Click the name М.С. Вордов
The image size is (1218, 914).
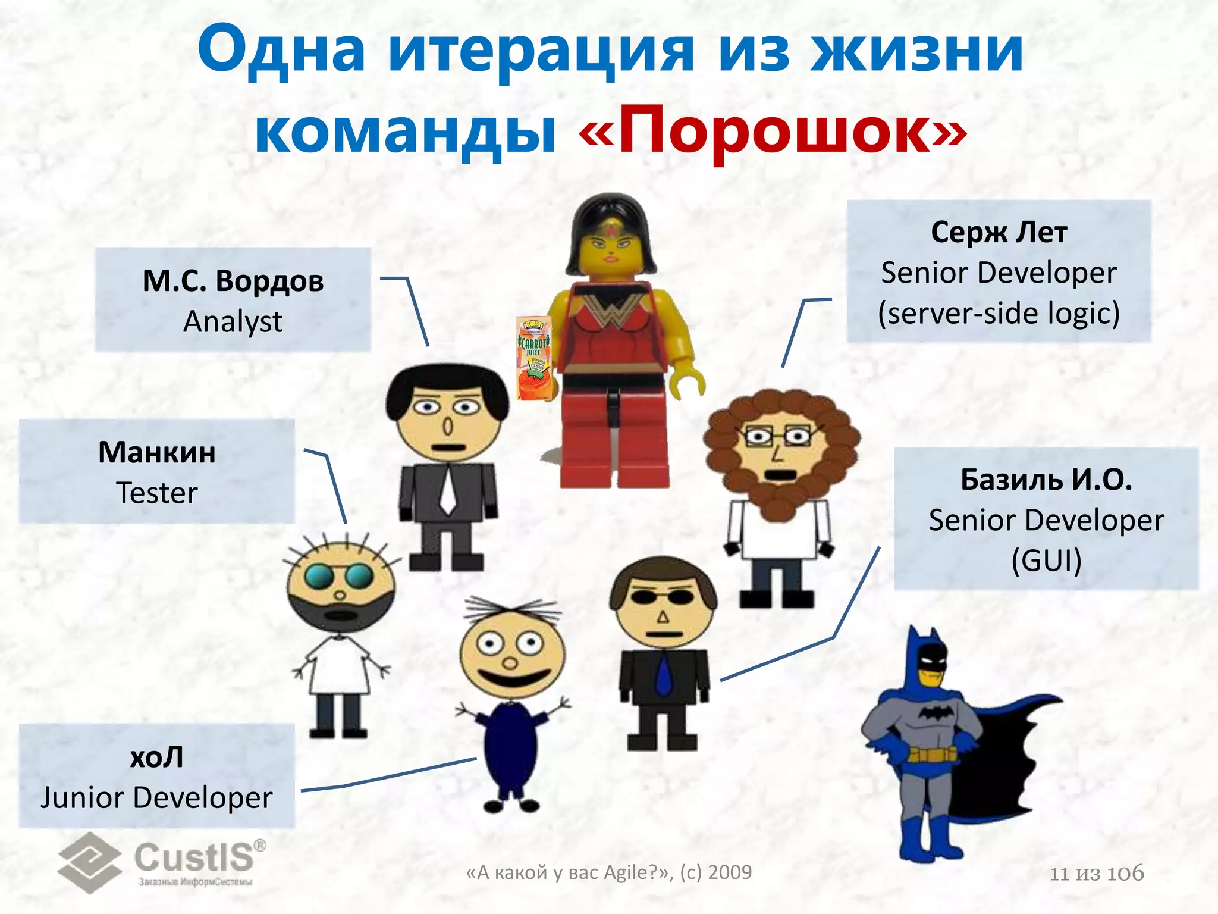[x=233, y=281]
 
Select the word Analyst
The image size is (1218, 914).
[x=233, y=322]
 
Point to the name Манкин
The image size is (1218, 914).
[x=157, y=452]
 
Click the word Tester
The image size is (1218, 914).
[x=157, y=493]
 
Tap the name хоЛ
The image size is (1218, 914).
[x=157, y=758]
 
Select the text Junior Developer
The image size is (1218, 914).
[x=157, y=798]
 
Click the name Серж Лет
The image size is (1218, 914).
[x=999, y=232]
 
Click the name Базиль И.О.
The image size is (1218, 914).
[x=1046, y=480]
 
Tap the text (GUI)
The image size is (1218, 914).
[x=1046, y=561]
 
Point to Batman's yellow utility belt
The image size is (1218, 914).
[x=931, y=755]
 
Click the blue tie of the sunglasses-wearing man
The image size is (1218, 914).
[x=663, y=675]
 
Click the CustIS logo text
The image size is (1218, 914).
[x=194, y=857]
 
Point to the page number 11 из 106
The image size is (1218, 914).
[x=1097, y=874]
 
